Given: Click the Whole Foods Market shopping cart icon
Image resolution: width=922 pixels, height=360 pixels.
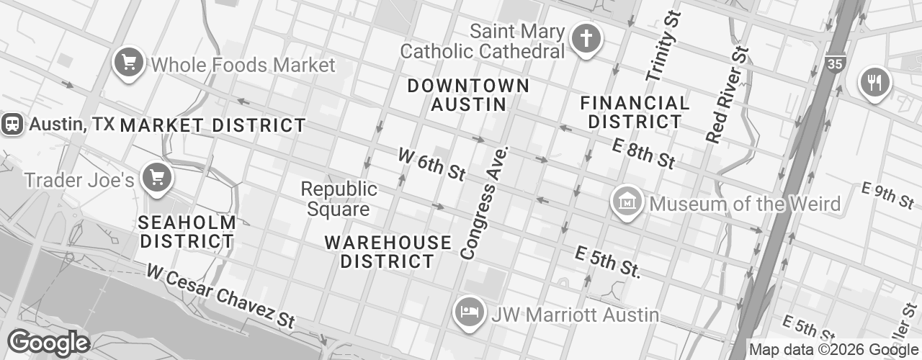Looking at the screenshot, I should pos(130,63).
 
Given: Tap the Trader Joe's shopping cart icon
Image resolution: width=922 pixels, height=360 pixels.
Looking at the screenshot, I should pos(156,177).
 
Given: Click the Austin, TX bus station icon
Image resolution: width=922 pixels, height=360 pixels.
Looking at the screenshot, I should pos(12,124).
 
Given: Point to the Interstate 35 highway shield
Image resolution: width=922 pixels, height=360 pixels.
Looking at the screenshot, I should pos(835,63).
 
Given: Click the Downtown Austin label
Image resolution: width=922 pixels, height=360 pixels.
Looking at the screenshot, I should pos(468,95).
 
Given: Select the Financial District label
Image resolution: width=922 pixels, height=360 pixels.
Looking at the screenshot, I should pos(635,112).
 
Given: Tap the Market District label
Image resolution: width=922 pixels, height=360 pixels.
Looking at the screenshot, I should pos(212,125).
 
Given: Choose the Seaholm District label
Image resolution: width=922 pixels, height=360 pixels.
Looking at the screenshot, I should pos(187,232).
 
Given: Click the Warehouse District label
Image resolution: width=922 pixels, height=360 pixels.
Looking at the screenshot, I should pos(388,251).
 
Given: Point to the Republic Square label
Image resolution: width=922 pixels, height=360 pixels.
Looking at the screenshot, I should pos(339,199).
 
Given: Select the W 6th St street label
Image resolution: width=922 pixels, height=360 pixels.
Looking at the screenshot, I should pos(432,164).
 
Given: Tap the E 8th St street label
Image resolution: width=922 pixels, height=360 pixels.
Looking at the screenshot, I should pos(643,153).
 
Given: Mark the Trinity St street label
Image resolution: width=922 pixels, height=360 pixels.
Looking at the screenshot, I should pos(663,47).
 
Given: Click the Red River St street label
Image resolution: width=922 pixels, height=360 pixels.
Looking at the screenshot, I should pos(728,94).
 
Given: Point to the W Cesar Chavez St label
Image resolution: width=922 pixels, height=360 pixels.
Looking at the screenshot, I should pos(221,295).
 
